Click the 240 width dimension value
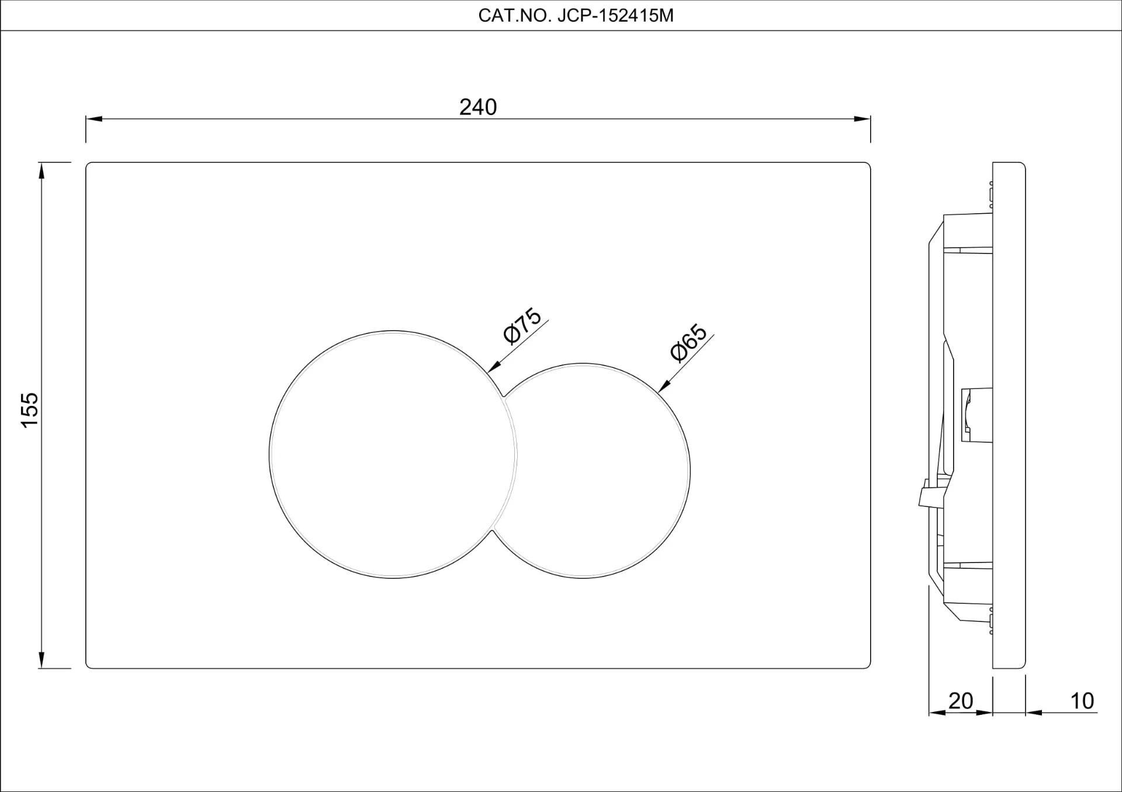478,107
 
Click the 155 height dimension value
30,410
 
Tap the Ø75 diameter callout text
522,325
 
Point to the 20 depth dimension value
961,700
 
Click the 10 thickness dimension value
1082,700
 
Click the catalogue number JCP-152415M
615,16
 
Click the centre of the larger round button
393,454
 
